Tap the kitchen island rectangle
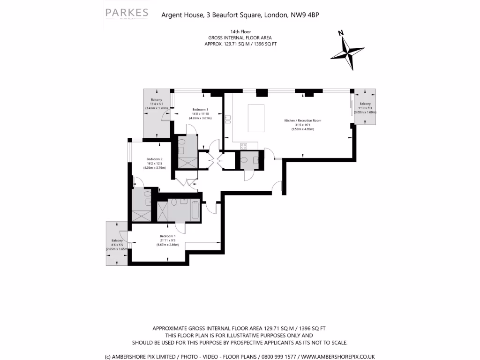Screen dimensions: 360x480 (255, 118)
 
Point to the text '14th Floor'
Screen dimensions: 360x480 (240, 32)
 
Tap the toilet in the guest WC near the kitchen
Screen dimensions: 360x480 (244, 160)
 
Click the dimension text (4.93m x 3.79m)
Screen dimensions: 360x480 (154, 167)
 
